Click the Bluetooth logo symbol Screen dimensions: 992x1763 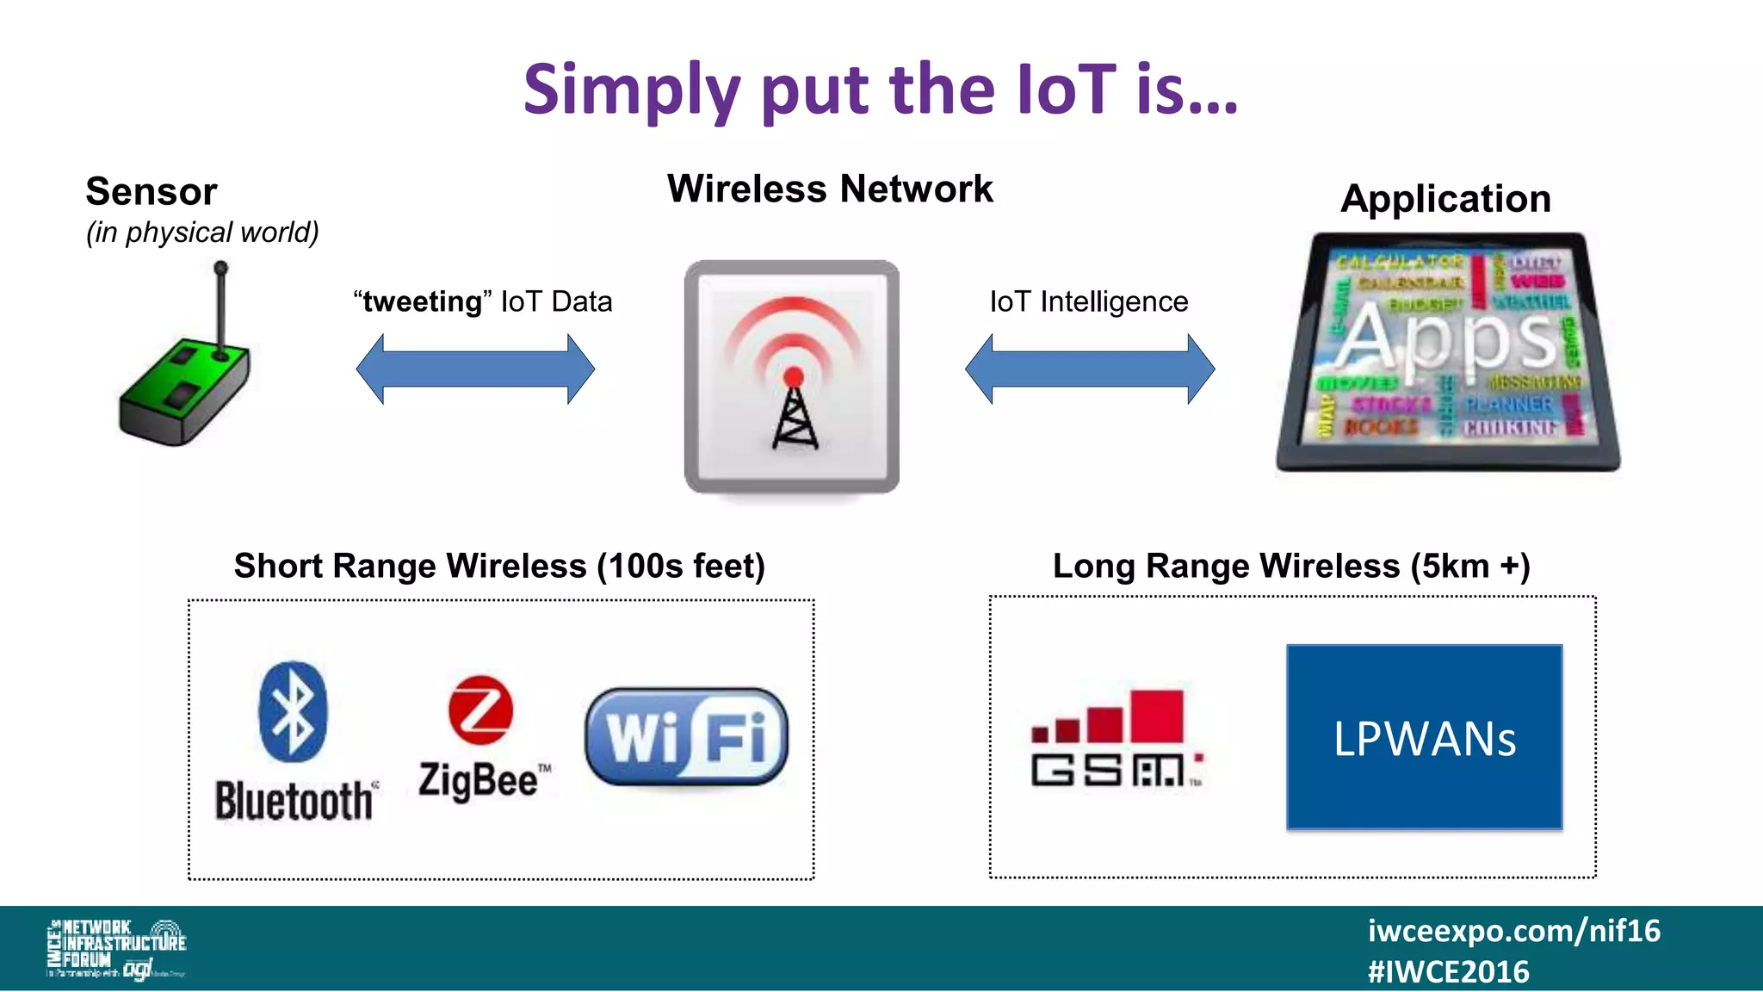point(294,711)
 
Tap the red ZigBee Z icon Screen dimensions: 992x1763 point(480,710)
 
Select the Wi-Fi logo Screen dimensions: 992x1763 point(686,737)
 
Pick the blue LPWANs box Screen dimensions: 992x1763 point(1424,737)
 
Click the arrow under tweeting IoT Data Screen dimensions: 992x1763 point(475,369)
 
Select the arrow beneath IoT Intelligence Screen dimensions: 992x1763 point(1090,369)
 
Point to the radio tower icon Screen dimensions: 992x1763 point(793,377)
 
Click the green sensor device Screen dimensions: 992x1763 point(185,389)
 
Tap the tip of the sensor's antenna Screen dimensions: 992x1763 point(221,268)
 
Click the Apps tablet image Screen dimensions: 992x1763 point(1448,351)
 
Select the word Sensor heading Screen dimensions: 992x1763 point(152,191)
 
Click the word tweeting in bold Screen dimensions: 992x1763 point(422,301)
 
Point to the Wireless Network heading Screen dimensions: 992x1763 point(830,189)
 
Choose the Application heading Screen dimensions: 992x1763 point(1445,199)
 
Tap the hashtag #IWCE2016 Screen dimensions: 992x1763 point(1448,972)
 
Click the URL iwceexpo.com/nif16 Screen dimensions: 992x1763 point(1513,931)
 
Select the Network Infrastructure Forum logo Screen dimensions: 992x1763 point(116,948)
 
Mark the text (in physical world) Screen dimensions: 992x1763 point(202,232)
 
